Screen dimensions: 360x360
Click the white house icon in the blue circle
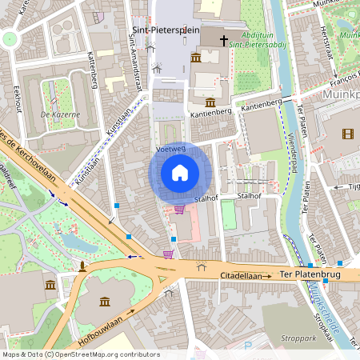tap(180, 173)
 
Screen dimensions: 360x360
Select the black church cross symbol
tap(223, 37)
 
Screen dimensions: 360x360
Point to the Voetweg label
tap(170, 149)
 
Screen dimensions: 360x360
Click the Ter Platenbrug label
tap(311, 276)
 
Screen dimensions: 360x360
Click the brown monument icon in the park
tap(82, 266)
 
